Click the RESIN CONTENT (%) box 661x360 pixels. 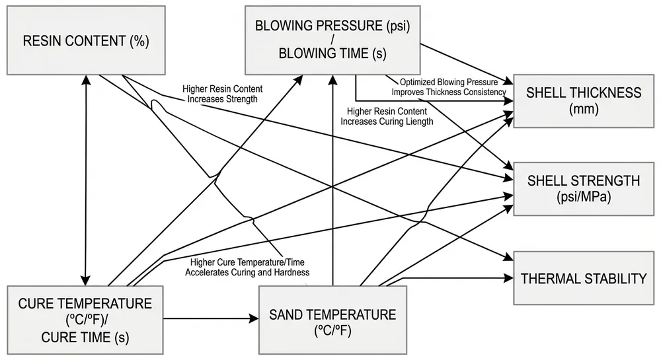point(86,40)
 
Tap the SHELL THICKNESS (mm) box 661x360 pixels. point(584,100)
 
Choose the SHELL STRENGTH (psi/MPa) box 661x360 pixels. point(584,187)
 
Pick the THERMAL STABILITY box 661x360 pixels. point(584,278)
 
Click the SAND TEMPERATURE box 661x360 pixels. point(332,320)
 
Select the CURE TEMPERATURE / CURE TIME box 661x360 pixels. point(85,320)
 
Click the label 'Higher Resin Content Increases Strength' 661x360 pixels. point(220,94)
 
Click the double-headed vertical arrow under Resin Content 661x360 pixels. point(86,178)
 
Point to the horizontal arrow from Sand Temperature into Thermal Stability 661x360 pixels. point(456,278)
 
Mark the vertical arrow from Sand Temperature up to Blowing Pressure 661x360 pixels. point(332,185)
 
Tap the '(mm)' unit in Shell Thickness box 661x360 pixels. point(584,109)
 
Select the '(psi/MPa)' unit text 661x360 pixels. point(584,196)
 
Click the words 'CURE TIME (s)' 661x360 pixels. point(85,337)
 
